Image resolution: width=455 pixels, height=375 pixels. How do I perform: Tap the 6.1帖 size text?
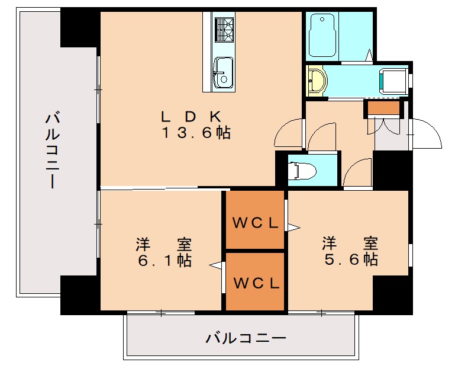(x=164, y=260)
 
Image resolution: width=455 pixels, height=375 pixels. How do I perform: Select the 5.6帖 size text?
(x=350, y=259)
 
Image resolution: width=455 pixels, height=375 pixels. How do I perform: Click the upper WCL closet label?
(x=256, y=223)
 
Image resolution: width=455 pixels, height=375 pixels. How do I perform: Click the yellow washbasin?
(x=318, y=81)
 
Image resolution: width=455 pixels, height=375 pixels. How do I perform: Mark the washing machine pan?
(x=393, y=82)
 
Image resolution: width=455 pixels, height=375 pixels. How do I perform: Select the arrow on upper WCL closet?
(x=292, y=226)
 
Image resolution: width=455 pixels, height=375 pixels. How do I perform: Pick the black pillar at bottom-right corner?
(x=393, y=294)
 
